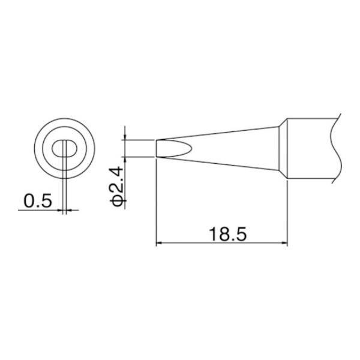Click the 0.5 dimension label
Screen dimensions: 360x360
pos(38,200)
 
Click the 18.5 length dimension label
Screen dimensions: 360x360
pos(228,234)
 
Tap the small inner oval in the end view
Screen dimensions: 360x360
pos(64,149)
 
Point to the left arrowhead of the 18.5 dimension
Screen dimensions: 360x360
pos(159,242)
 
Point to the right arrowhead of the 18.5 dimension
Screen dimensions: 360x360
pos(284,242)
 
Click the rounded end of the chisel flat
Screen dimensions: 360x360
pos(190,149)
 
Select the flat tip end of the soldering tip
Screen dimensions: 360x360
pos(156,149)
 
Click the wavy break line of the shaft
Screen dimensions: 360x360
pos(337,149)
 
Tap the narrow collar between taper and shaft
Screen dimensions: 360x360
pos(283,149)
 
